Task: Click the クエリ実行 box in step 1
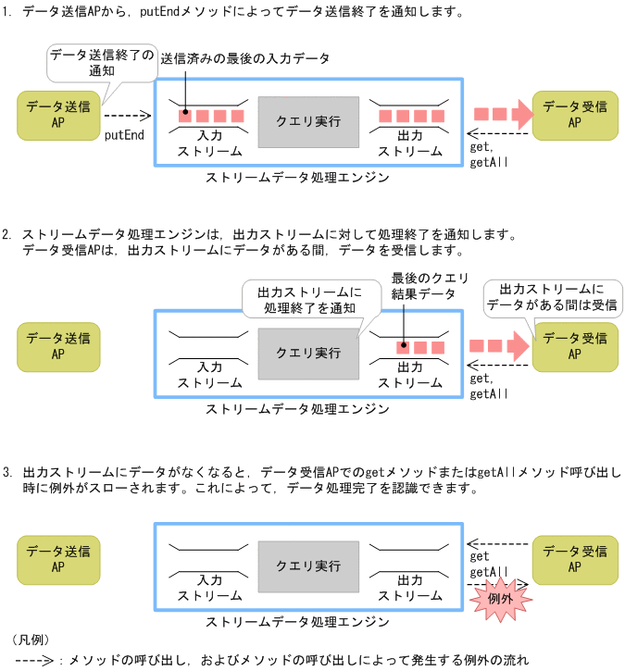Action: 308,121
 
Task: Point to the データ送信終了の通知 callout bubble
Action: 102,62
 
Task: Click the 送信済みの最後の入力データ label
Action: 244,58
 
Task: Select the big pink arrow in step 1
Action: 503,114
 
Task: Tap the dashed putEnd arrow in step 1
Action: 126,117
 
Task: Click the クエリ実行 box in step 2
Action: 308,353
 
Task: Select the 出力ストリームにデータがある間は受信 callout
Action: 553,296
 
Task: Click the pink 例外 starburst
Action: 501,598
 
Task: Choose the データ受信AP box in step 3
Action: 574,559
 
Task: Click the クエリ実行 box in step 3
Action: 308,565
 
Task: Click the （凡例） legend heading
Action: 31,640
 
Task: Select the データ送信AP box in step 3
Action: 58,559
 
